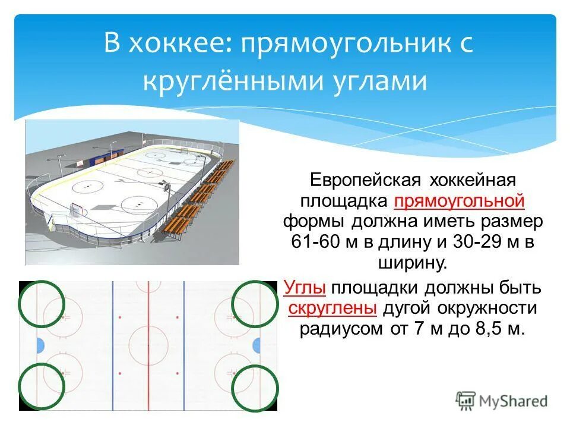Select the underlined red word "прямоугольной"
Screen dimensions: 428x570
pos(459,201)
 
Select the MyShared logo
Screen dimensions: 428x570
pos(502,400)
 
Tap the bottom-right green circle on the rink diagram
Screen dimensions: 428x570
pos(254,388)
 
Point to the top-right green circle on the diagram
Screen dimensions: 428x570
pos(254,303)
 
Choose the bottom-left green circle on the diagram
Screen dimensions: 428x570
pos(41,386)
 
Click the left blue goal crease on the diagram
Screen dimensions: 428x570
pos(40,345)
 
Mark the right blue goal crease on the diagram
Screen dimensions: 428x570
pos(256,345)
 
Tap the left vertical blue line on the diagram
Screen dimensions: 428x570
pos(113,345)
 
